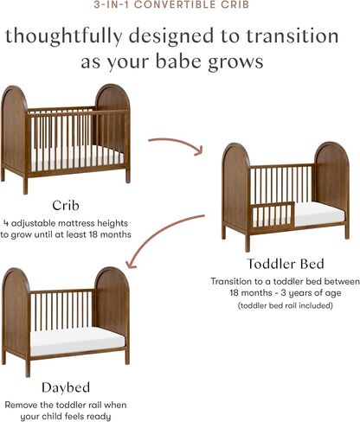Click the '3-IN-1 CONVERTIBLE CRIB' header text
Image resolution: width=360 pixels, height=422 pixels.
(x=171, y=4)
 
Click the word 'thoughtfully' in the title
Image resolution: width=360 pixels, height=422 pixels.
(x=64, y=36)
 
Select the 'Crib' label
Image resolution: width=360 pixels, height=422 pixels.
(x=66, y=206)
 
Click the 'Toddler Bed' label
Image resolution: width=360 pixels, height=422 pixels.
(x=286, y=264)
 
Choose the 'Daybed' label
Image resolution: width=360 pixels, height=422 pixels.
(x=66, y=388)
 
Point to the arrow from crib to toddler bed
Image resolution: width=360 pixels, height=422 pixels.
(x=176, y=144)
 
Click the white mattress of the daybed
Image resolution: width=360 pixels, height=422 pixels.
(x=77, y=341)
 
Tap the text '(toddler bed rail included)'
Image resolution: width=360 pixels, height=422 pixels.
(x=286, y=305)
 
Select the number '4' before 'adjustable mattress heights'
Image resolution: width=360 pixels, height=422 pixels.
(x=6, y=223)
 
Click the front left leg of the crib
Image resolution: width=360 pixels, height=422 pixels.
(x=25, y=185)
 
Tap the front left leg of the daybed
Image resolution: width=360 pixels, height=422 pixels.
(x=28, y=368)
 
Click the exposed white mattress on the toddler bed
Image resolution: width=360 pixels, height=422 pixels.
(x=318, y=214)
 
